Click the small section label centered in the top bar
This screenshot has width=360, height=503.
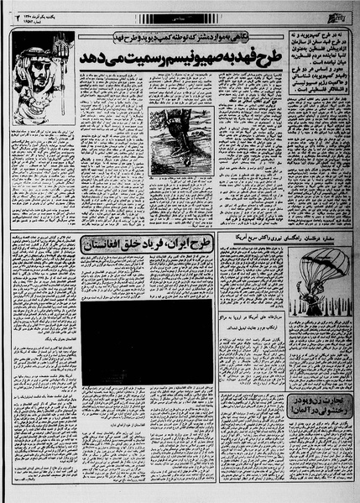click(x=179, y=16)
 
